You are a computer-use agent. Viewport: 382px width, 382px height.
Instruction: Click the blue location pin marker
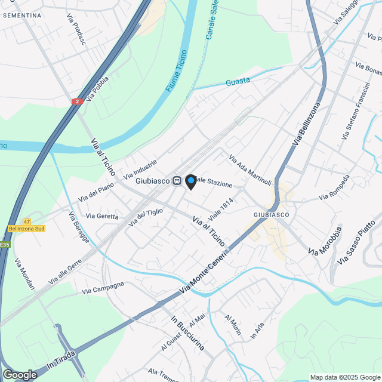tap(191, 181)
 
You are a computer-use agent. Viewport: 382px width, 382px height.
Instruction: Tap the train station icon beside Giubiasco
tap(177, 181)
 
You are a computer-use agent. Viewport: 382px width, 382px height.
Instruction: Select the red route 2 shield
tap(76, 102)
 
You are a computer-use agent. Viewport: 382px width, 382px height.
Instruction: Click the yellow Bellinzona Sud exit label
tap(27, 229)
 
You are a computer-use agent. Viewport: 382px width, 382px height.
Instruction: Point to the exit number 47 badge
tap(26, 221)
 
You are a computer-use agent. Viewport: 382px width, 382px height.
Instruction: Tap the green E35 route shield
tap(5, 245)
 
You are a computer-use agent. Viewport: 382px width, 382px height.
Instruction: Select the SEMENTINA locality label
tap(22, 15)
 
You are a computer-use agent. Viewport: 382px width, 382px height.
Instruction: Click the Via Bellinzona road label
tap(307, 124)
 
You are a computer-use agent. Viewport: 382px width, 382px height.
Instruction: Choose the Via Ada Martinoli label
tap(250, 170)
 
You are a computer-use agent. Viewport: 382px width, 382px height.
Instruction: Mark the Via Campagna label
tap(103, 288)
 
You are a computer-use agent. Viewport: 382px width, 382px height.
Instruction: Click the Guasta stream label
tap(238, 82)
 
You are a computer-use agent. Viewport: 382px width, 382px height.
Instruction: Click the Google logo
tap(20, 374)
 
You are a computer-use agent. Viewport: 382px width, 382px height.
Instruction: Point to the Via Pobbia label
tap(97, 88)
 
